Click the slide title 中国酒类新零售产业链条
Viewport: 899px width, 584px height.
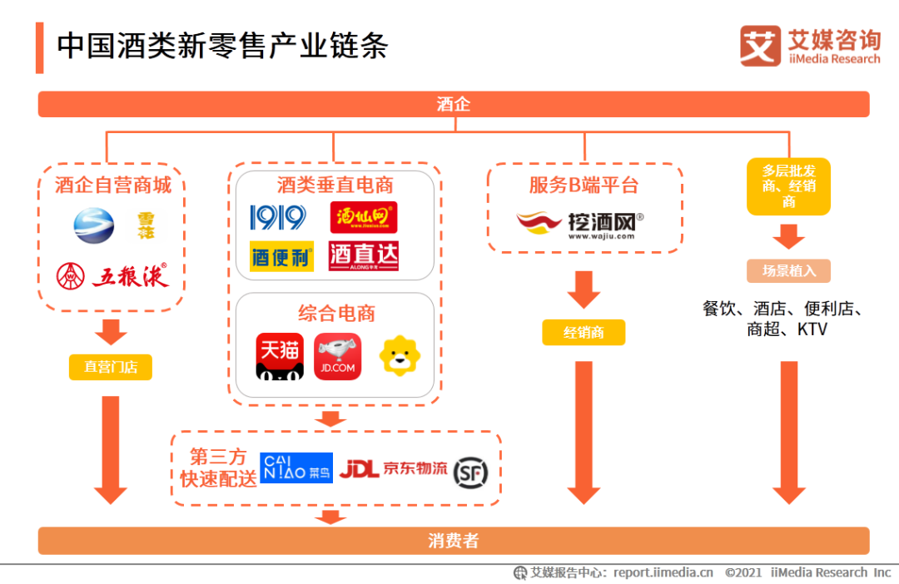click(x=222, y=46)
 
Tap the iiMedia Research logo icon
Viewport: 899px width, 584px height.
click(x=760, y=46)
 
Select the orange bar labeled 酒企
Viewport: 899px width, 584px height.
click(x=454, y=104)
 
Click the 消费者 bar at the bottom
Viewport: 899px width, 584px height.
click(x=454, y=541)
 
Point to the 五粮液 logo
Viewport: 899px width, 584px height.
click(x=112, y=275)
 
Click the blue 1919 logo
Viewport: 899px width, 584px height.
click(x=277, y=218)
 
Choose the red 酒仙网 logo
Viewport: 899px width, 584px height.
click(x=364, y=218)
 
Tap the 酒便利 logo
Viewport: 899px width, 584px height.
click(x=281, y=256)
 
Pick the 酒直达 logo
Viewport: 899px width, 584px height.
click(x=364, y=256)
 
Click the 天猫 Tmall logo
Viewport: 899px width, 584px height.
click(x=279, y=357)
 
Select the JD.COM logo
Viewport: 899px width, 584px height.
click(x=337, y=357)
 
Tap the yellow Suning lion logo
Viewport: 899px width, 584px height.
click(x=400, y=356)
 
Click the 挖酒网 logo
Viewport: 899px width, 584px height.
click(x=579, y=224)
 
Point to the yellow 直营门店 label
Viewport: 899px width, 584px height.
click(x=111, y=367)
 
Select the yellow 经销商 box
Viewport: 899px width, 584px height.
click(x=584, y=333)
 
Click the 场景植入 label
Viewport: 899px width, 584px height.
click(x=788, y=270)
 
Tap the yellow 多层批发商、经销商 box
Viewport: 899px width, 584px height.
click(x=788, y=186)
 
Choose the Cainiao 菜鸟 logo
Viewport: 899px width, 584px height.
click(x=296, y=468)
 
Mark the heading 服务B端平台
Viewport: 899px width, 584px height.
click(x=584, y=185)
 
